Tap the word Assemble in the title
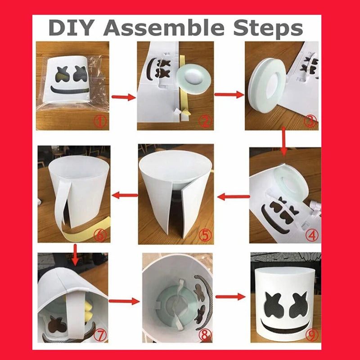click(164, 28)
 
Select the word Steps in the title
click(268, 29)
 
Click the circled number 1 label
click(100, 121)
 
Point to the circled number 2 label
click(205, 121)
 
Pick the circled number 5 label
click(205, 235)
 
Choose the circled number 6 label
click(100, 234)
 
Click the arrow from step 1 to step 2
click(123, 97)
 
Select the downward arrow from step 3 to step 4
click(284, 141)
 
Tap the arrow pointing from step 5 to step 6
click(125, 196)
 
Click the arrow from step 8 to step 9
click(230, 297)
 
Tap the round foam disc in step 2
click(194, 78)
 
